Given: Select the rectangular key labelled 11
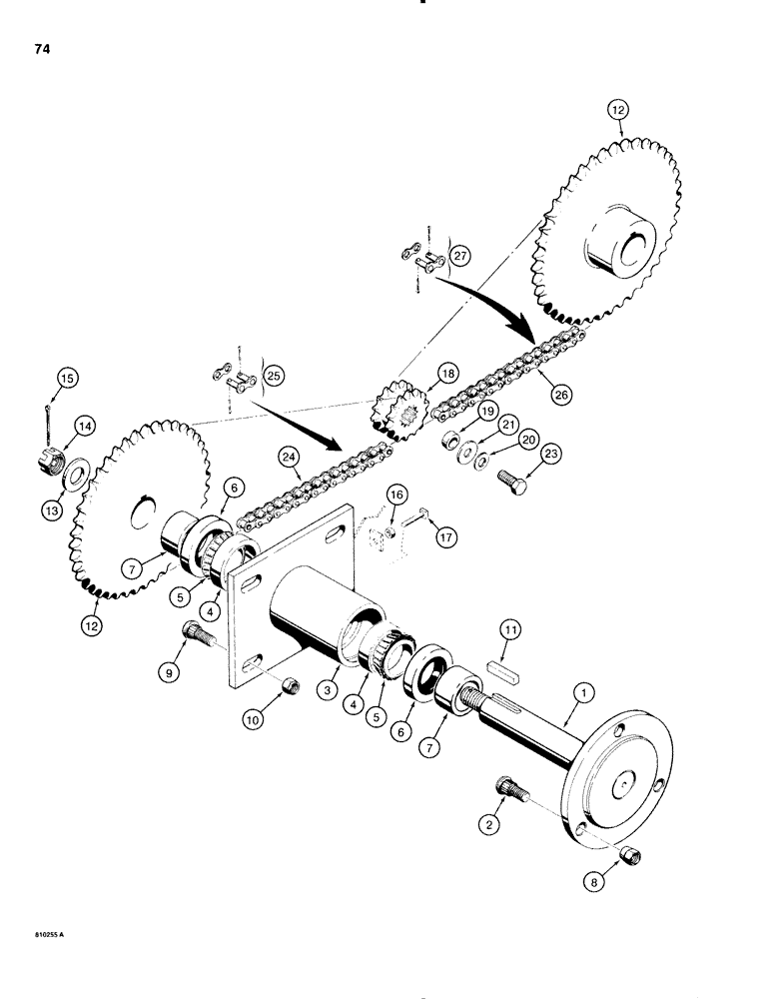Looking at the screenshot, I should click(x=510, y=663).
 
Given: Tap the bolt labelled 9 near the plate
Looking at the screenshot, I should click(x=194, y=633).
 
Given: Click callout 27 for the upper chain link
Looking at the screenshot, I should click(x=462, y=255).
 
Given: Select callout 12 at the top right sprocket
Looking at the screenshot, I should click(x=617, y=113).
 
